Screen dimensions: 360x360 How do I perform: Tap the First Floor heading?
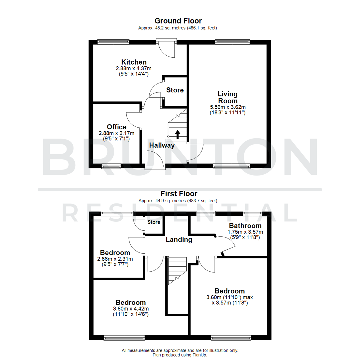pos(179,194)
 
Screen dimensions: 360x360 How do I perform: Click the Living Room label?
pos(228,97)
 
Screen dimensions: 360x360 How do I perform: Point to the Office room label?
pos(116,127)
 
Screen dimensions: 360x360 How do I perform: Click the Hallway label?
pos(162,145)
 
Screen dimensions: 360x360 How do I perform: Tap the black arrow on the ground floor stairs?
pos(177,134)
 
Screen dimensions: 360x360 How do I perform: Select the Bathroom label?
pos(245,226)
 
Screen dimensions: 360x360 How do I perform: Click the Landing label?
pos(179,239)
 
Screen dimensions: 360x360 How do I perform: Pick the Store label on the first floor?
pos(154,222)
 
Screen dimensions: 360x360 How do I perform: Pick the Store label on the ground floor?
pos(175,90)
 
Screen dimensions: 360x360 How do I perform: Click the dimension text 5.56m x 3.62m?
pos(228,107)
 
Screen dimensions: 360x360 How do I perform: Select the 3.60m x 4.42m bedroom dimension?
pos(131,309)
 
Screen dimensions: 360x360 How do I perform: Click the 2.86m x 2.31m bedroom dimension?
pos(115,259)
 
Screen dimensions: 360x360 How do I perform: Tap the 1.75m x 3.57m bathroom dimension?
pos(245,232)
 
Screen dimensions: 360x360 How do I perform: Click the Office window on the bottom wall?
pos(111,166)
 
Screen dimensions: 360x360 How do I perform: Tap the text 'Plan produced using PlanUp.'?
pos(180,355)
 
